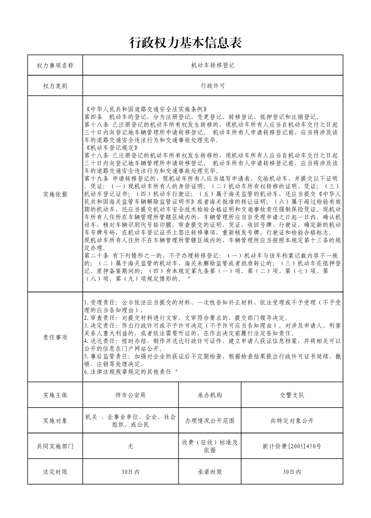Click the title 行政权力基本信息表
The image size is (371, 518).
pyautogui.click(x=185, y=43)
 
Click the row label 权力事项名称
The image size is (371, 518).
pyautogui.click(x=55, y=65)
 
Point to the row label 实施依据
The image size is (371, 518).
pyautogui.click(x=55, y=194)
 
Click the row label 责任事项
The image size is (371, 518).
pyautogui.click(x=55, y=337)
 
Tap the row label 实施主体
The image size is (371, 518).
pyautogui.click(x=55, y=395)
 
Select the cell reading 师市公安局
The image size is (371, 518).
pyautogui.click(x=130, y=395)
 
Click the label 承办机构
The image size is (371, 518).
pyautogui.click(x=210, y=395)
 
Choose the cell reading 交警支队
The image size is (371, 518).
pyautogui.click(x=292, y=395)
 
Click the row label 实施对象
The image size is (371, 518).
pyautogui.click(x=55, y=421)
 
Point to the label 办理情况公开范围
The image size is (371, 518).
pyautogui.click(x=210, y=421)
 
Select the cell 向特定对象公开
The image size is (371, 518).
pyautogui.click(x=292, y=421)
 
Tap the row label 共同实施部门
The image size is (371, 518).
pyautogui.click(x=55, y=446)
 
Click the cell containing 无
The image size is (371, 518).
pyautogui.click(x=130, y=446)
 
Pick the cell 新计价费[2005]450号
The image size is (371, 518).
pyautogui.click(x=292, y=446)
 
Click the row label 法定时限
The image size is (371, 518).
pyautogui.click(x=55, y=472)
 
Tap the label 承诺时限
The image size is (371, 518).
pyautogui.click(x=210, y=472)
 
